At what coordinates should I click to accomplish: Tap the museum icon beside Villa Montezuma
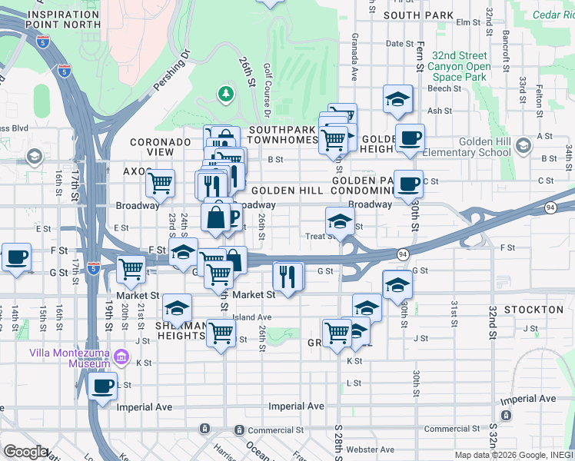[x=121, y=357]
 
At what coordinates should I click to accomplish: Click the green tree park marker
[x=225, y=95]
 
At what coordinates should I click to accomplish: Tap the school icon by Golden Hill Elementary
[x=523, y=145]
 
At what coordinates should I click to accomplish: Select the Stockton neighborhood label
[x=533, y=310]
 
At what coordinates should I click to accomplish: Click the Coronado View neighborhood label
[x=160, y=147]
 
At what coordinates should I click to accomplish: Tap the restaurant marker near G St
[x=287, y=276]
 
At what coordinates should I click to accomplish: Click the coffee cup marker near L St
[x=102, y=386]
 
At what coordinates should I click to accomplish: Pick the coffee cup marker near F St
[x=16, y=257]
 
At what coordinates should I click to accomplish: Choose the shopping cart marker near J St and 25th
[x=221, y=333]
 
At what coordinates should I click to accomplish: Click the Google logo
[x=25, y=452]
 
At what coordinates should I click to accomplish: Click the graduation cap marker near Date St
[x=397, y=98]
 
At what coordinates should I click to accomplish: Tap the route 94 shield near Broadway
[x=550, y=207]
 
